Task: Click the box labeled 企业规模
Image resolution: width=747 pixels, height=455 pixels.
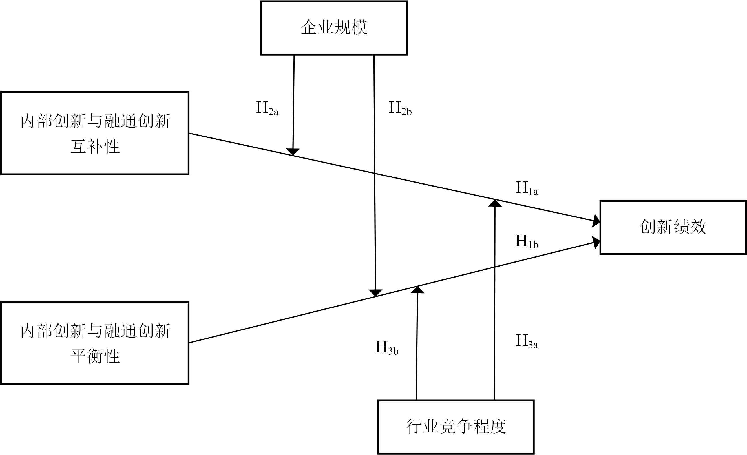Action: point(334,28)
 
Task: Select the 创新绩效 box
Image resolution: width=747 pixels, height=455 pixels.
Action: point(673,227)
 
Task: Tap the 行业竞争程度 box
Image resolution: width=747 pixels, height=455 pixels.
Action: point(456,427)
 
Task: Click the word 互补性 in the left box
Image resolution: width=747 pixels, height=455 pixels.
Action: point(95,146)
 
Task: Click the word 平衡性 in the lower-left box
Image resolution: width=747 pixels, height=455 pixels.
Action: point(95,356)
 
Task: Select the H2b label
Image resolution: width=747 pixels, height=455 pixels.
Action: point(400,108)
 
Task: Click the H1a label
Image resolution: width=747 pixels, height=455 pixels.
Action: point(527,188)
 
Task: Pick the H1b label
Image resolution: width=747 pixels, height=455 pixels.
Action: point(527,241)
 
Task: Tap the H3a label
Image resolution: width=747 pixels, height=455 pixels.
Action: point(527,341)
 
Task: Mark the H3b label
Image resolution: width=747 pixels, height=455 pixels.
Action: point(387,348)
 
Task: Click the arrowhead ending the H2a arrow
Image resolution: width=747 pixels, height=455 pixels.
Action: point(293,152)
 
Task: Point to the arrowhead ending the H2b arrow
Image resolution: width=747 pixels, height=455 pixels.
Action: point(375,293)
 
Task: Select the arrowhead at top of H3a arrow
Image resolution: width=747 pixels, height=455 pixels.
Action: point(495,203)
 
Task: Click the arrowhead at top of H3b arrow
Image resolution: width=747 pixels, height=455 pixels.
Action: point(417,290)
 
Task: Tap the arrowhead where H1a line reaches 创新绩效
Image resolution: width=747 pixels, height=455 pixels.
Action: point(596,221)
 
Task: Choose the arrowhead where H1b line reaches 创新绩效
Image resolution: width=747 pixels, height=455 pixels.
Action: point(596,242)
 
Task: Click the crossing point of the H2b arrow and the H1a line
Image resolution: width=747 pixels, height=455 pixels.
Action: point(374,173)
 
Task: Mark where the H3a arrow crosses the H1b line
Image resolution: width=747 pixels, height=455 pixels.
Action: point(495,267)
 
